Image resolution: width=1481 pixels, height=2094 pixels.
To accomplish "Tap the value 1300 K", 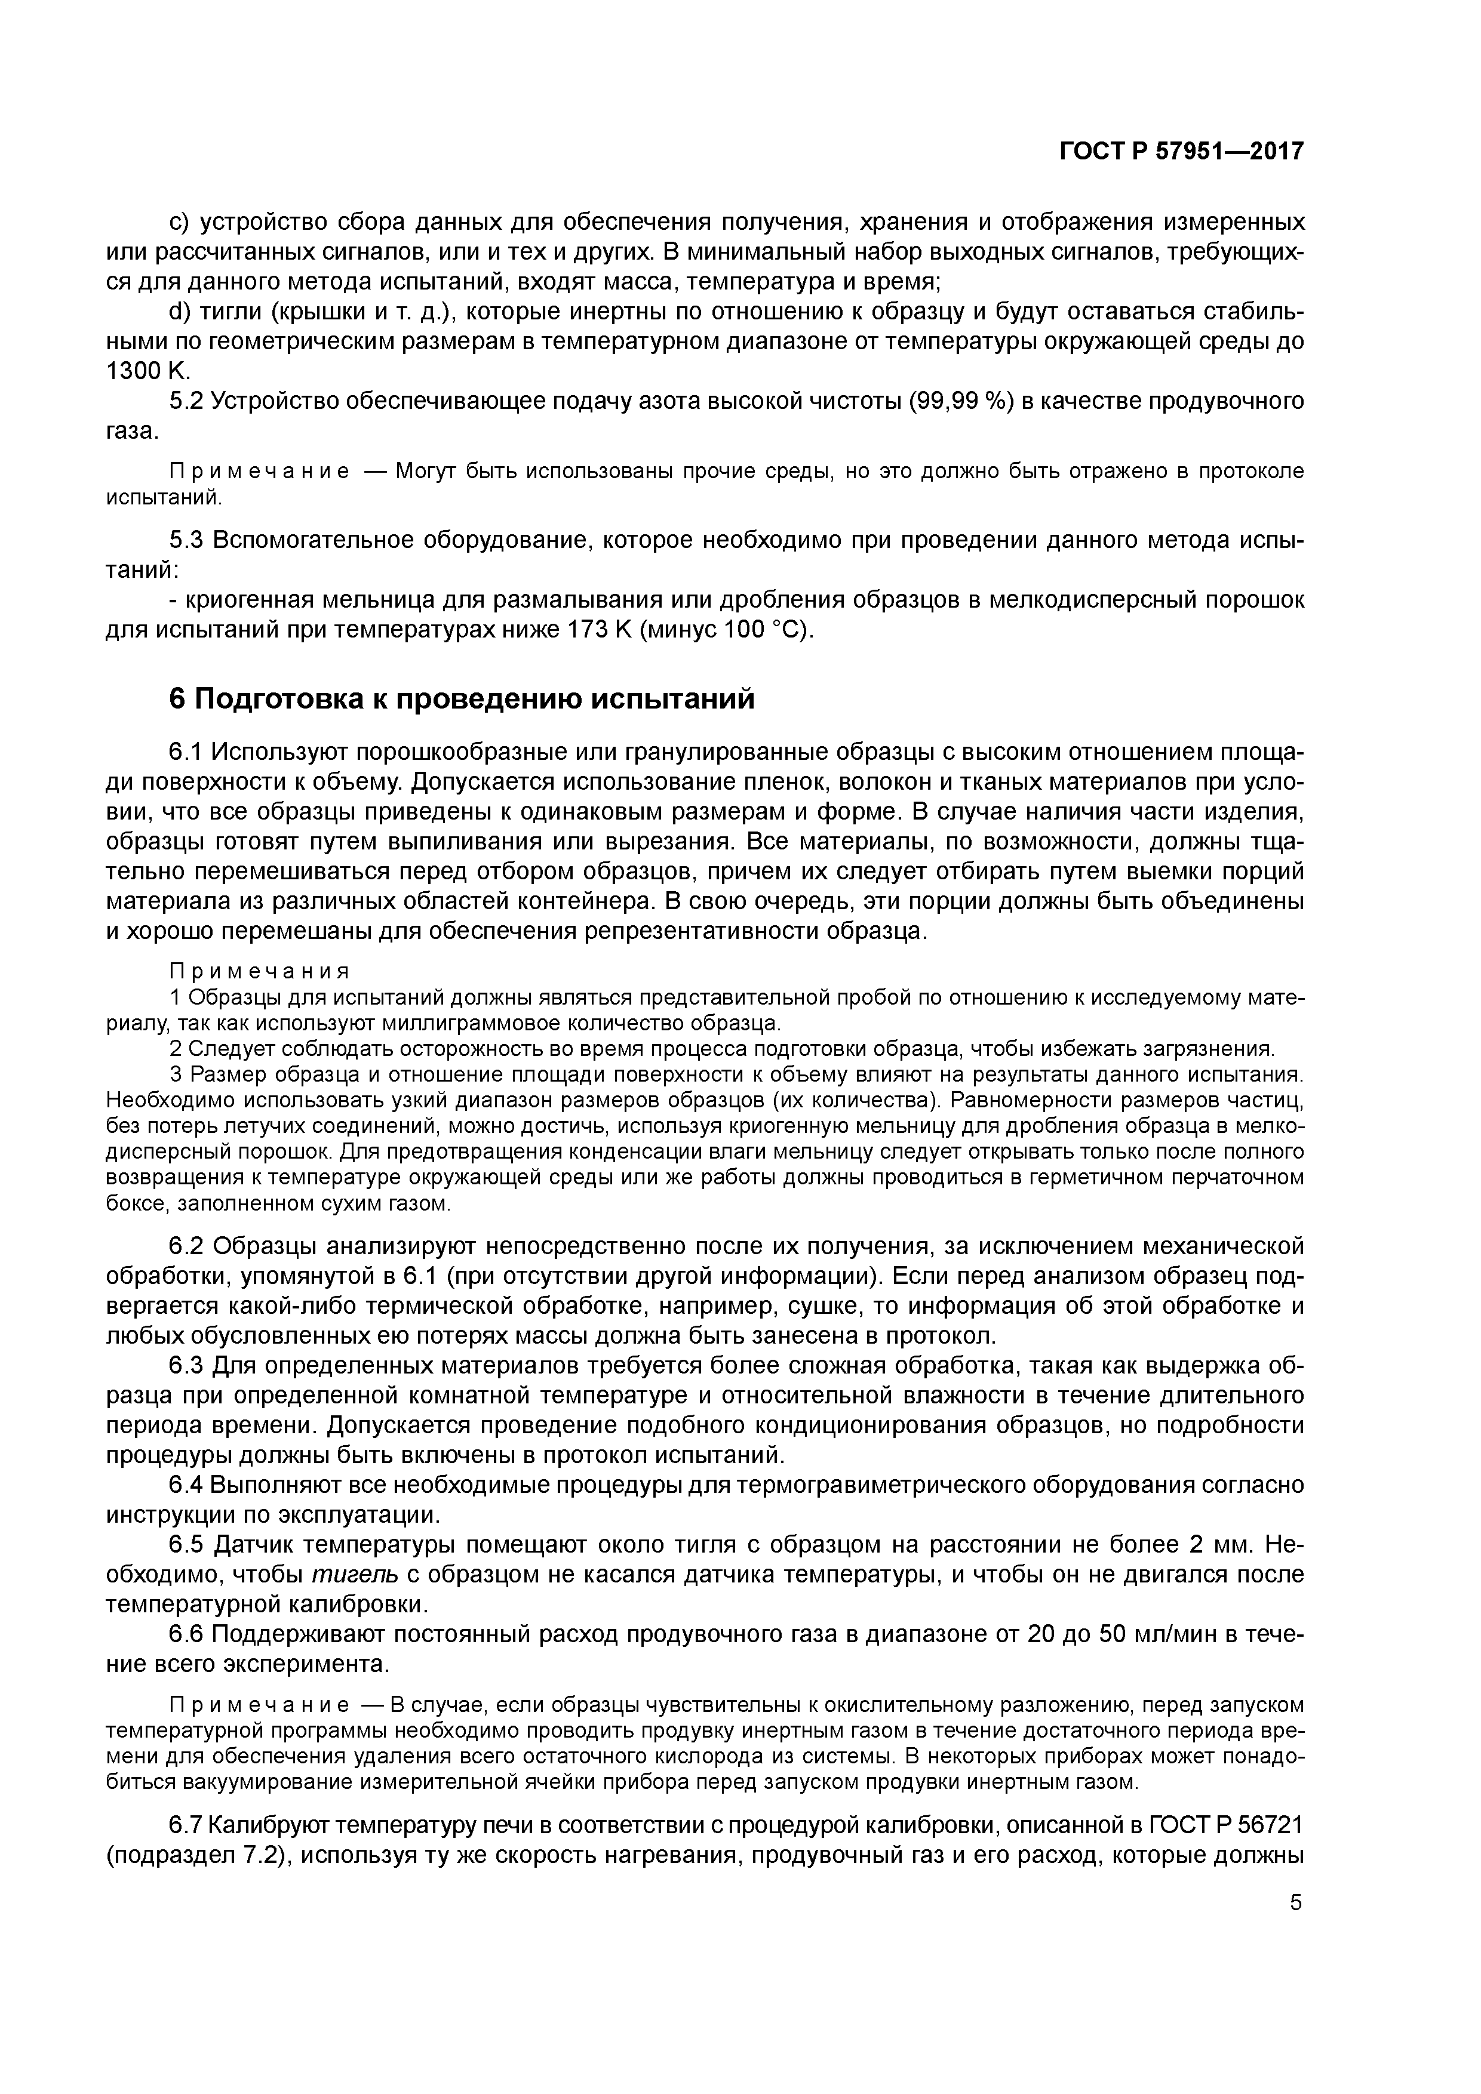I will [146, 371].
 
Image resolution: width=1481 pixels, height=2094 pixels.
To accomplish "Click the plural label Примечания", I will [260, 971].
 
